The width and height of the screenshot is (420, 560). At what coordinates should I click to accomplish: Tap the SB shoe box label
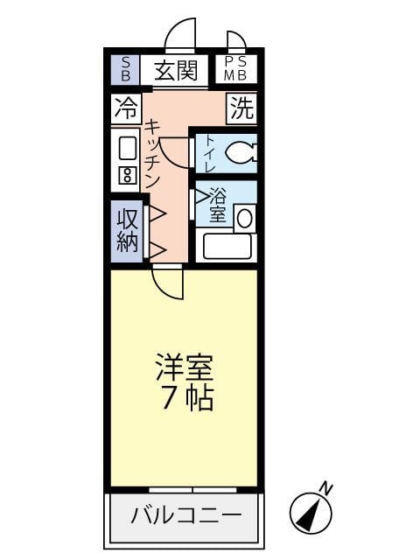125,70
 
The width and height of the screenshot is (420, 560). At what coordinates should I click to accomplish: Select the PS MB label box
235,69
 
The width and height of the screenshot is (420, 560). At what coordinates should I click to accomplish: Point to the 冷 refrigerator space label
126,108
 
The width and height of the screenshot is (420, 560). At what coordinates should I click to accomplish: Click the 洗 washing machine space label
241,108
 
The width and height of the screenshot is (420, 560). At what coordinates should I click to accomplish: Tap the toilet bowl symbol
240,153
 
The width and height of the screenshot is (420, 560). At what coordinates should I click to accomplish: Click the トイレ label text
209,153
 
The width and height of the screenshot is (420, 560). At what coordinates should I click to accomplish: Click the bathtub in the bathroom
226,246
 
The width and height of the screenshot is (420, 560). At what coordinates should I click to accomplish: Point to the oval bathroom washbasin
245,218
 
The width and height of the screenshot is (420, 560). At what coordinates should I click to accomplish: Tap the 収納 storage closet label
127,229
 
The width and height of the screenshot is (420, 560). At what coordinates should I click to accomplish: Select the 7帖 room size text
185,399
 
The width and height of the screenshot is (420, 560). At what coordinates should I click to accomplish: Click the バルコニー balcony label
185,515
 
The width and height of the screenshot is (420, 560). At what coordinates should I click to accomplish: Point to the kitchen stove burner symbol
126,174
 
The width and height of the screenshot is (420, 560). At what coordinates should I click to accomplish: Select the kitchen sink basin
127,148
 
